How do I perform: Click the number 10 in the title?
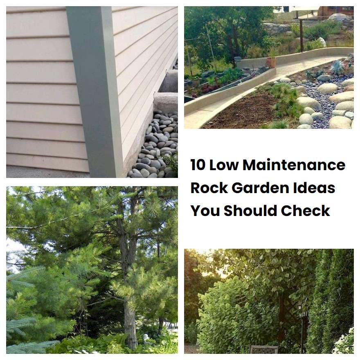198,165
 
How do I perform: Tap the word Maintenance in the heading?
294,165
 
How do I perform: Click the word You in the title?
205,211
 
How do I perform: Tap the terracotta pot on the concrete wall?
271,62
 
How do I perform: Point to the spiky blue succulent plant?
337,67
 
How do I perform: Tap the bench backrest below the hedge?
264,349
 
